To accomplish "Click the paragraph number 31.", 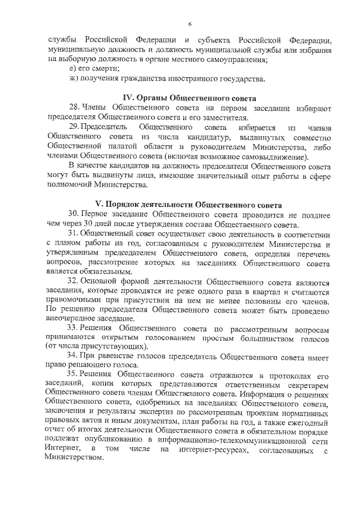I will (x=74, y=233).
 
